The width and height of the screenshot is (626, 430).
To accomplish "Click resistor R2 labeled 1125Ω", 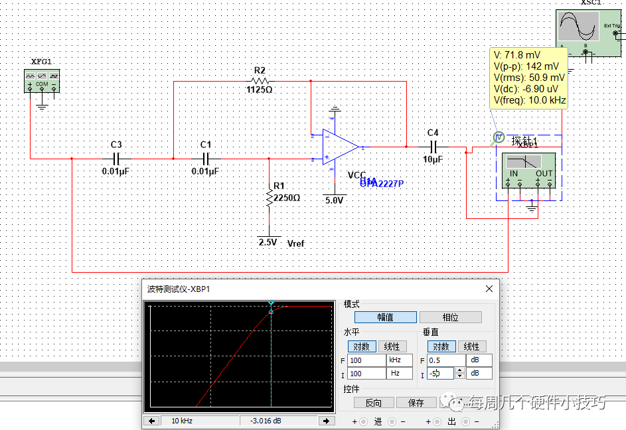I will (260, 80).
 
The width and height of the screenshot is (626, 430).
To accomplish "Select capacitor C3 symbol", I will (116, 159).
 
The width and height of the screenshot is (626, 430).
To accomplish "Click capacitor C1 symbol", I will (205, 159).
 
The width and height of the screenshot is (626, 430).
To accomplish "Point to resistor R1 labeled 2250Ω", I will (269, 197).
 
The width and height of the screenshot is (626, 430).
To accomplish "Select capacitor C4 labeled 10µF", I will (433, 147).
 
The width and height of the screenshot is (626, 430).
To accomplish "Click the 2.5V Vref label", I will (268, 243).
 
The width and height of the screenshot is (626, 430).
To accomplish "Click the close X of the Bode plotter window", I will (489, 289).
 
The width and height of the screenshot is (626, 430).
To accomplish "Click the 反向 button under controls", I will (373, 403).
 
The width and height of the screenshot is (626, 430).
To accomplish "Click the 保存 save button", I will (416, 403).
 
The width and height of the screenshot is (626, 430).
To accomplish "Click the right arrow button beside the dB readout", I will (326, 421).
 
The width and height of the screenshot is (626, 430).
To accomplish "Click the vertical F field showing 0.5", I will (443, 360).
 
